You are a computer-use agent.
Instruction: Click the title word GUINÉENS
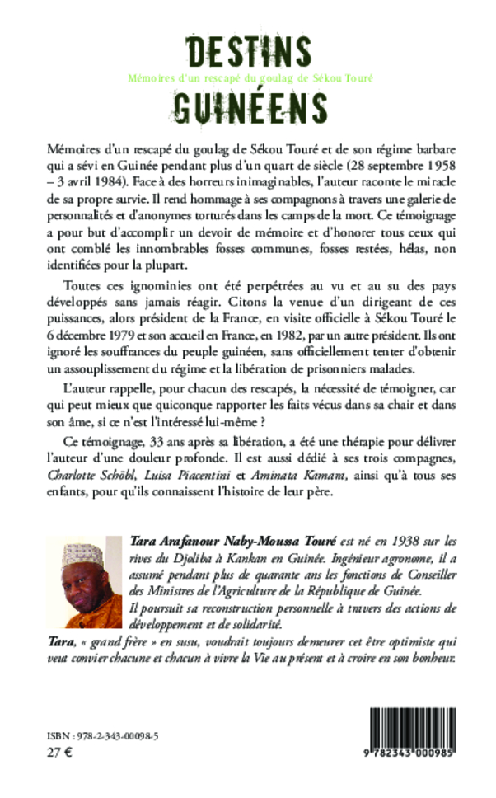click(248, 104)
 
